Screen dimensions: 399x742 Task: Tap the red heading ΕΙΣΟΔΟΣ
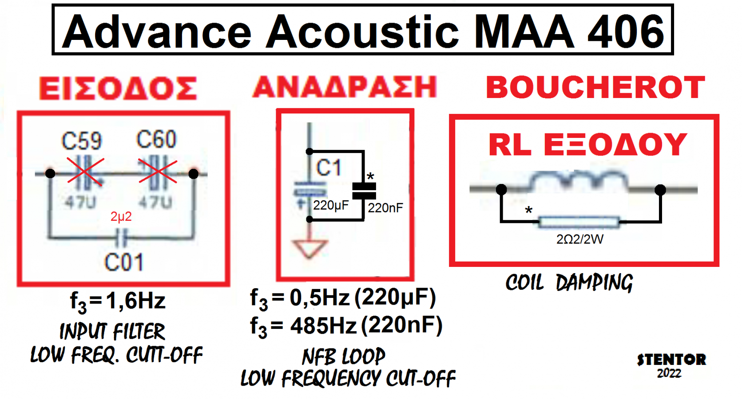pos(118,88)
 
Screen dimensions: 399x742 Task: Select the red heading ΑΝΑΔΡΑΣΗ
pos(345,87)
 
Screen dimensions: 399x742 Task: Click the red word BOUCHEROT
pos(595,87)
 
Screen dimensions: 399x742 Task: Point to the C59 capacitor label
pos(82,141)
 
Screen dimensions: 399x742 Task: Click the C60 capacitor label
pos(156,140)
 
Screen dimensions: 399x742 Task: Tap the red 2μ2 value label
pos(121,217)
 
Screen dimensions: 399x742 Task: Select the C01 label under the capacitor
pos(124,262)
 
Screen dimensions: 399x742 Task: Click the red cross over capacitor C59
pos(85,171)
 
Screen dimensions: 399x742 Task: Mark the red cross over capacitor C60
pos(158,171)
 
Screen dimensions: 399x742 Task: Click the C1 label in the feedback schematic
pos(329,168)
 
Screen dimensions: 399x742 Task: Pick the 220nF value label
pos(385,208)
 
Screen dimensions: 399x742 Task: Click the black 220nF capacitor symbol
pos(364,191)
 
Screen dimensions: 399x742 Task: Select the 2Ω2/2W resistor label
pos(580,239)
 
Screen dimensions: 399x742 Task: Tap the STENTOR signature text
pos(671,360)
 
